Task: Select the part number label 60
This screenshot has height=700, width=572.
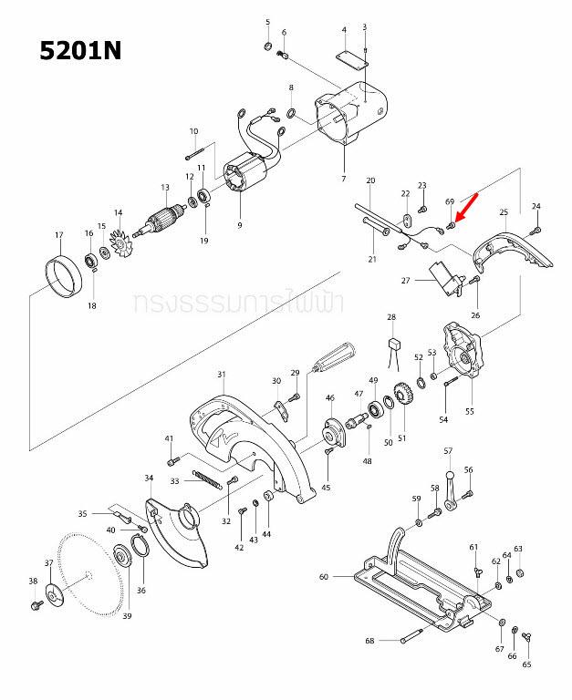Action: tap(323, 577)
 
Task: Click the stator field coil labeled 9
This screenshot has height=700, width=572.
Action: tap(244, 179)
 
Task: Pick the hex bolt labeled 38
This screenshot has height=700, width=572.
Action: tap(36, 603)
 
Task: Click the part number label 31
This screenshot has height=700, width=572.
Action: tap(221, 375)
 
